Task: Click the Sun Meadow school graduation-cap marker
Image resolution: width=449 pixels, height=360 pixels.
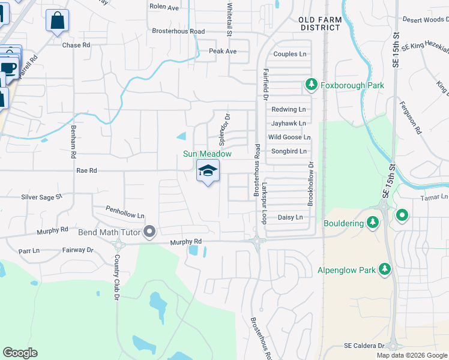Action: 208,171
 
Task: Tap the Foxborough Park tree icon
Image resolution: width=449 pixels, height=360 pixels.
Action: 311,85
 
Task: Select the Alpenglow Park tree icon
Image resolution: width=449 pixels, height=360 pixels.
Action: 384,270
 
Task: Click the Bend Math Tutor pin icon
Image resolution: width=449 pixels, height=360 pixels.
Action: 150,232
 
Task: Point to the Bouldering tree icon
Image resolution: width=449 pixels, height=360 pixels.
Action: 373,223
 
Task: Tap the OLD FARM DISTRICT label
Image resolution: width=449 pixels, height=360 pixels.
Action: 320,23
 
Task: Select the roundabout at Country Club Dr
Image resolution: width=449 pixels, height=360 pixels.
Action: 118,244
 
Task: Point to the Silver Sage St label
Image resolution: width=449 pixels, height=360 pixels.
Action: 41,197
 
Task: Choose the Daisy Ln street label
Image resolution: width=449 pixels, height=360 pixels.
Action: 290,217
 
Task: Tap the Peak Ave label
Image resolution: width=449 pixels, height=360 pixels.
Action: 223,52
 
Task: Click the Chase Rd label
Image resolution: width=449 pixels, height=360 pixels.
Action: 76,45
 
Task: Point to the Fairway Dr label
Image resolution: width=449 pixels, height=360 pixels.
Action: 78,250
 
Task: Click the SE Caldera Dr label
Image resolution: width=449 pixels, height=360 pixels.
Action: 364,346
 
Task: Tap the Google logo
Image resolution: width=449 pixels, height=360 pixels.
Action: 20,353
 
